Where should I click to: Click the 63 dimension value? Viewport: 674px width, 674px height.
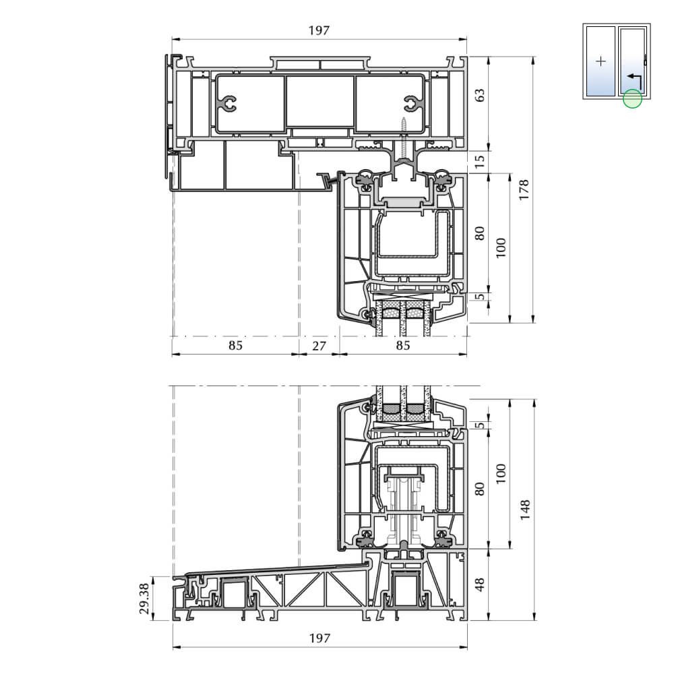pyautogui.click(x=480, y=95)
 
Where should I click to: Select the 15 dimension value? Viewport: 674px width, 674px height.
pyautogui.click(x=480, y=161)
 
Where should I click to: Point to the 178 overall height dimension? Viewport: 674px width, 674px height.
pyautogui.click(x=524, y=189)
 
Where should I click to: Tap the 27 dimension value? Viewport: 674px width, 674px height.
pyautogui.click(x=319, y=346)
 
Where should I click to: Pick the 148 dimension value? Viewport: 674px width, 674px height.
pyautogui.click(x=524, y=510)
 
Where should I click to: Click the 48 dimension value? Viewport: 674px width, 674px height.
pyautogui.click(x=480, y=584)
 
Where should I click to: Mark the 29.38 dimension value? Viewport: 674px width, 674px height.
pyautogui.click(x=144, y=598)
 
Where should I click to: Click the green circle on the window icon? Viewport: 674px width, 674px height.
pyautogui.click(x=632, y=98)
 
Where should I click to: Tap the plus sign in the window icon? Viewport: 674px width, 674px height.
pyautogui.click(x=601, y=61)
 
